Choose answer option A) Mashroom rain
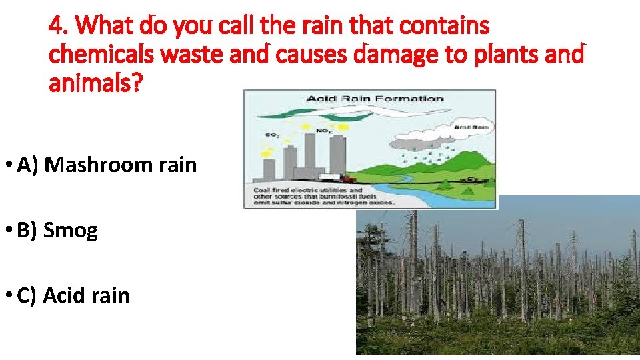coord(107,164)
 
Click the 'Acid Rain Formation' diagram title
coord(375,99)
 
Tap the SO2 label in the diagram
coord(272,135)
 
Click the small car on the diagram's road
coord(471,180)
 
